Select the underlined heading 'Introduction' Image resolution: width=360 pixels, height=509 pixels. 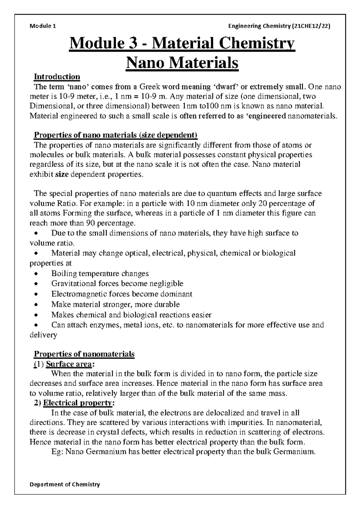57,77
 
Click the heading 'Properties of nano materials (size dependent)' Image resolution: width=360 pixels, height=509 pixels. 115,135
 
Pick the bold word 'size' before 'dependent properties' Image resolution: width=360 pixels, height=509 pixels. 62,174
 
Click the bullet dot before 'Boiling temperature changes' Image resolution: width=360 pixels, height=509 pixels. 36,274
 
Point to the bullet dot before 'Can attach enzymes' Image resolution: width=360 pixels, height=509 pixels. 36,325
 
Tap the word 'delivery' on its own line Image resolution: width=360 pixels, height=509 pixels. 43,335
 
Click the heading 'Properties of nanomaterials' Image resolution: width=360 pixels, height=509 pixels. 84,354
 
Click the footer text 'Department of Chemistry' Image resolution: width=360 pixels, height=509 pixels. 65,484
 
